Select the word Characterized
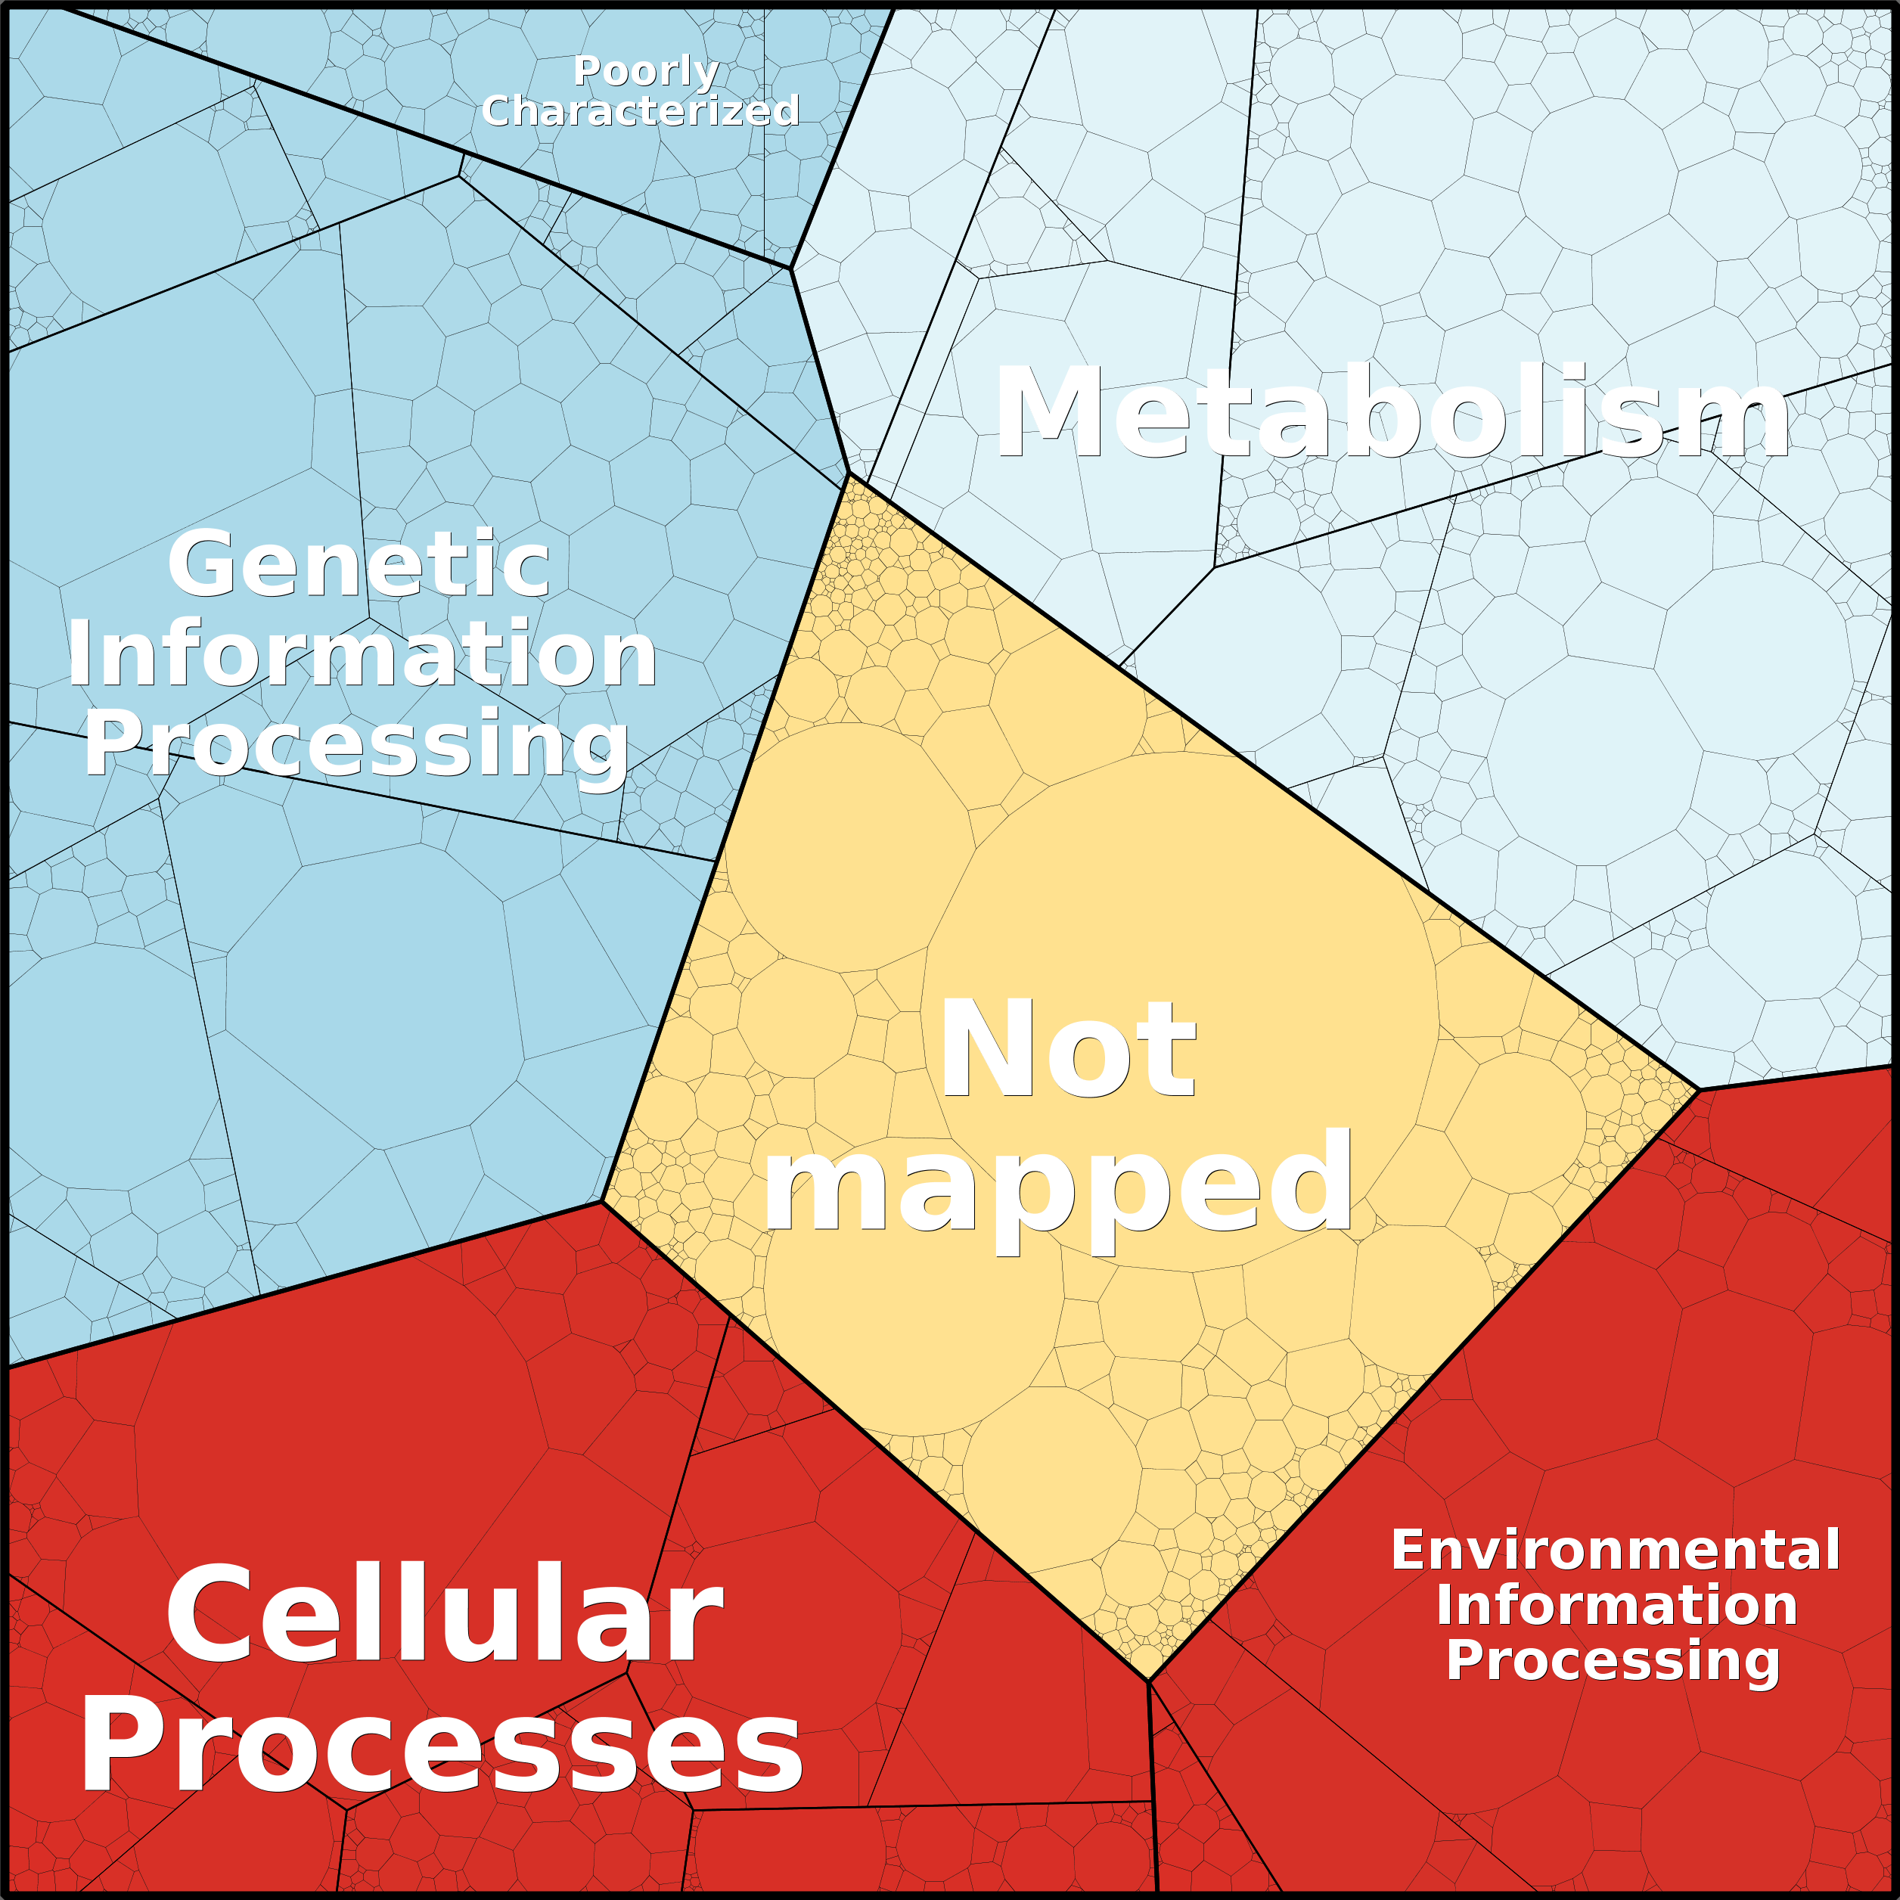tap(640, 110)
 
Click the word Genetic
tap(359, 563)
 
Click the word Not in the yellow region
tap(1068, 1048)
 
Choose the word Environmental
tap(1616, 1551)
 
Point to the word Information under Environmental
tap(1617, 1605)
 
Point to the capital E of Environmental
tap(1408, 1551)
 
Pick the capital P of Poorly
tap(589, 71)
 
